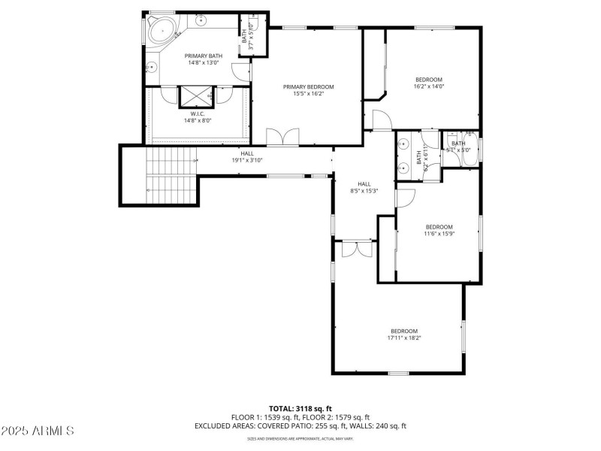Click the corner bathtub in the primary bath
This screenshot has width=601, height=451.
click(160, 31)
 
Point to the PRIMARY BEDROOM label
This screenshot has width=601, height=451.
click(308, 87)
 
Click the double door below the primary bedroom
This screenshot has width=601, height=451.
click(283, 138)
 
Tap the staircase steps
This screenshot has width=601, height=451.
click(170, 175)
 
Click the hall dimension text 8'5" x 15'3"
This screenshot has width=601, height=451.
click(364, 191)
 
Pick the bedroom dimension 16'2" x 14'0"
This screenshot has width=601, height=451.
click(429, 86)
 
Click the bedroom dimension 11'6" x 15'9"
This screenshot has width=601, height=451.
click(439, 234)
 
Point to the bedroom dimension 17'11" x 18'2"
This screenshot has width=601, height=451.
click(403, 338)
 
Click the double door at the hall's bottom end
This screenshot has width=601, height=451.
click(356, 250)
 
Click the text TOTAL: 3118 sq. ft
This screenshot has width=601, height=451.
click(300, 408)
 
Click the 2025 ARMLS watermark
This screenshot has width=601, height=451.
click(38, 431)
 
